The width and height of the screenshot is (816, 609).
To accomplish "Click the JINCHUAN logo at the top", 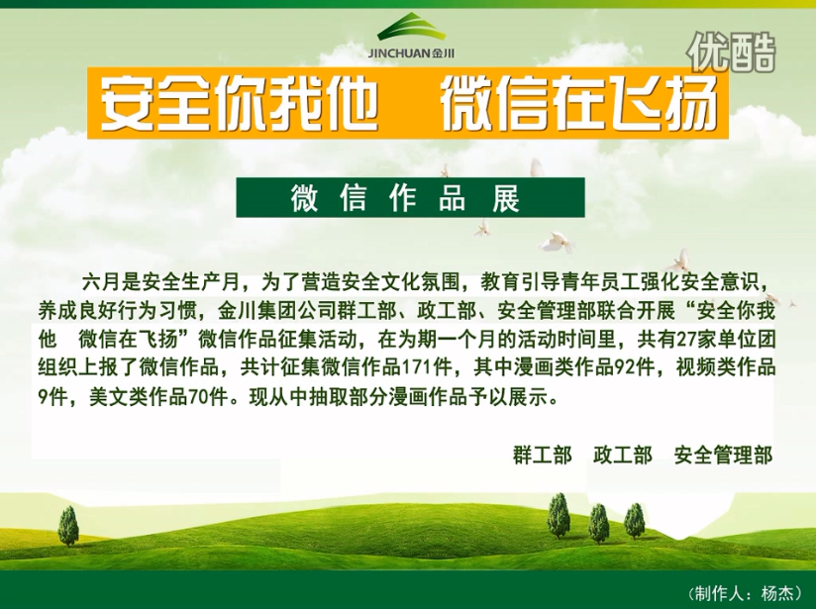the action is [411, 37].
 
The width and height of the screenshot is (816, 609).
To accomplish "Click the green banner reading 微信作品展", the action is [410, 197].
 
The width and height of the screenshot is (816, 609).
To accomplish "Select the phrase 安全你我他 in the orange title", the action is [239, 103].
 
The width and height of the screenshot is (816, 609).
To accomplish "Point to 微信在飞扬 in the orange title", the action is [579, 103].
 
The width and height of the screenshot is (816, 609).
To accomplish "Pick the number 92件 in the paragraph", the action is [634, 368].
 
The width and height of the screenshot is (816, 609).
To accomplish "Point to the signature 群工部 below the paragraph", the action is [543, 455].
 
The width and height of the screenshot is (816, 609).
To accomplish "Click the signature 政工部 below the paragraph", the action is [623, 455].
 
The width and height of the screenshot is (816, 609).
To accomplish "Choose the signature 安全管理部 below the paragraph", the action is [723, 455].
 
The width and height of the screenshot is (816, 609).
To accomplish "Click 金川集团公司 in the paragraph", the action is [268, 311].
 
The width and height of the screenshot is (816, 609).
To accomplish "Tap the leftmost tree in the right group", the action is [559, 516].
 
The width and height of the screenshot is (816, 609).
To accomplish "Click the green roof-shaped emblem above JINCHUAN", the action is [412, 28].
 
